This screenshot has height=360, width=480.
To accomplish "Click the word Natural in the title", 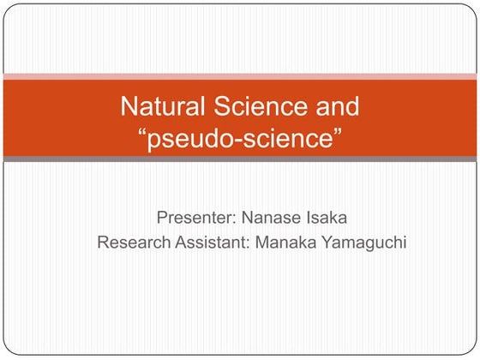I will (155, 108).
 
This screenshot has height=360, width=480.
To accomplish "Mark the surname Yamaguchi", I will (363, 243).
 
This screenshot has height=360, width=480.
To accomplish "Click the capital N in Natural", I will (128, 108).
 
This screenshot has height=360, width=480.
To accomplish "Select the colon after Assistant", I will (248, 243).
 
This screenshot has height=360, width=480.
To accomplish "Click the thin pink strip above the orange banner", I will (240, 77).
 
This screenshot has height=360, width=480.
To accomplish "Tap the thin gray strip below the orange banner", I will (240, 159).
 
